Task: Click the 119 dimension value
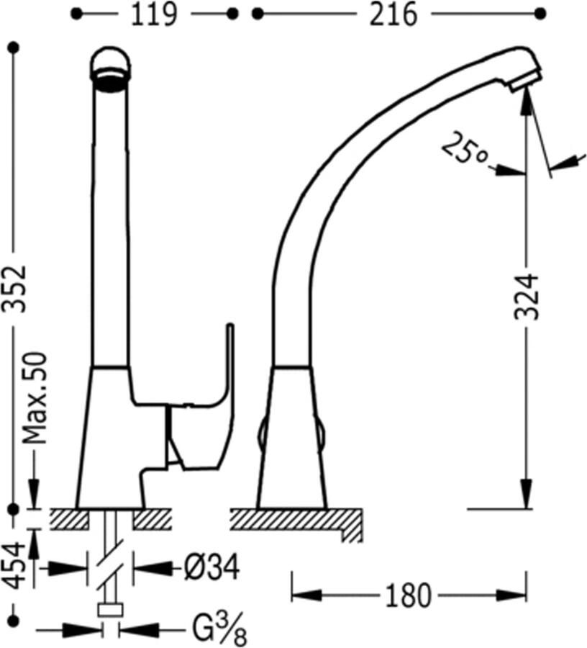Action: (154, 15)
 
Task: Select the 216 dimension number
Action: (393, 15)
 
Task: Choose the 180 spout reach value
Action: (407, 595)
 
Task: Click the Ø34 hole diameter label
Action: (211, 568)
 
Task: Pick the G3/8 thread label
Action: (219, 628)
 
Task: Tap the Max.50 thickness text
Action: (35, 398)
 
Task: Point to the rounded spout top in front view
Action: (110, 68)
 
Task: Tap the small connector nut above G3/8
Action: (111, 610)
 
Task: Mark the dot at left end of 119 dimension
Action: (76, 14)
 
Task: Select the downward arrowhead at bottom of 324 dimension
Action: (527, 494)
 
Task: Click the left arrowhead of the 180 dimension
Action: (306, 595)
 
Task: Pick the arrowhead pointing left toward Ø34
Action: (153, 568)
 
